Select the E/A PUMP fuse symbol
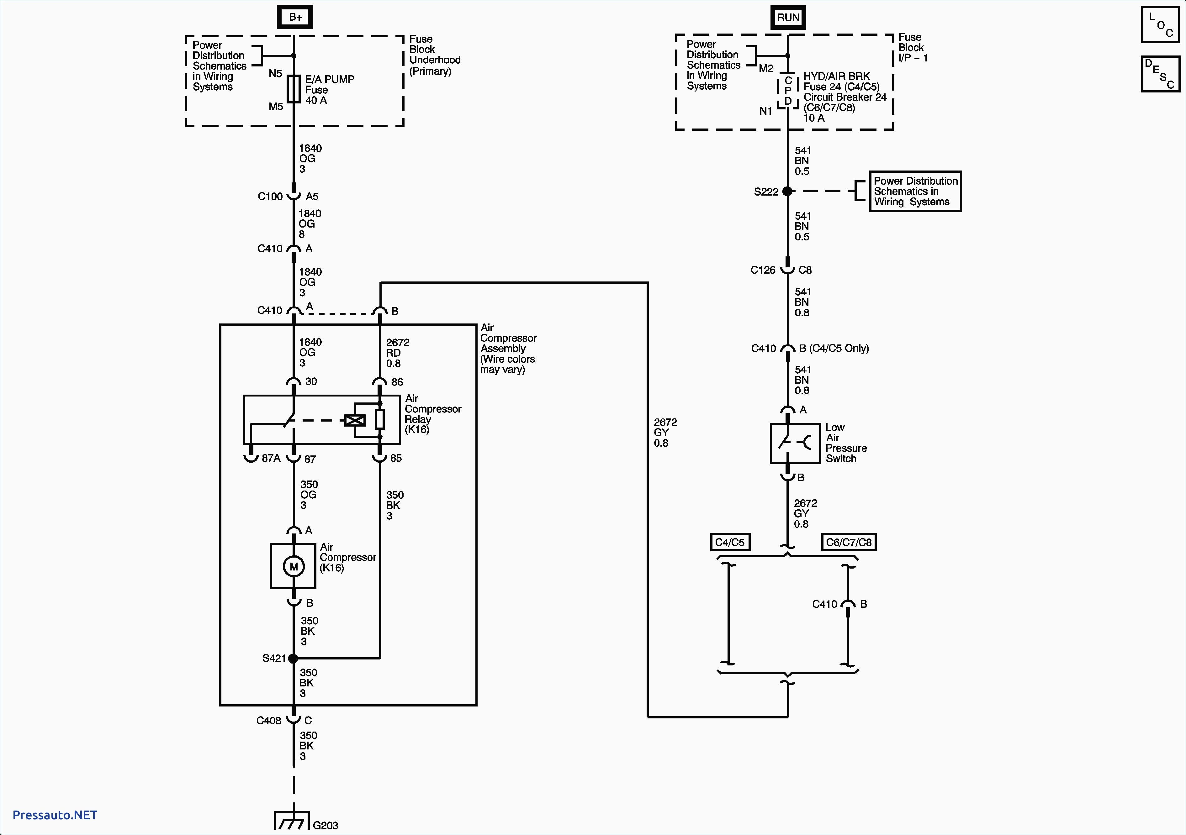pos(294,89)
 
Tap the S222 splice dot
pos(787,191)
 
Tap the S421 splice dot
pos(293,659)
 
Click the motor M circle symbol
pos(294,566)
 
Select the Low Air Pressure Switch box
pos(795,443)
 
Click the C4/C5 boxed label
pos(730,542)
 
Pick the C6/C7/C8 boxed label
pos(849,542)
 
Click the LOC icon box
pos(1160,25)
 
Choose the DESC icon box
pos(1160,74)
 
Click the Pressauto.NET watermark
pos(55,815)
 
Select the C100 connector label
pos(270,196)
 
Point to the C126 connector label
pos(763,270)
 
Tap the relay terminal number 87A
pos(271,458)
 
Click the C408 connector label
pos(269,720)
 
